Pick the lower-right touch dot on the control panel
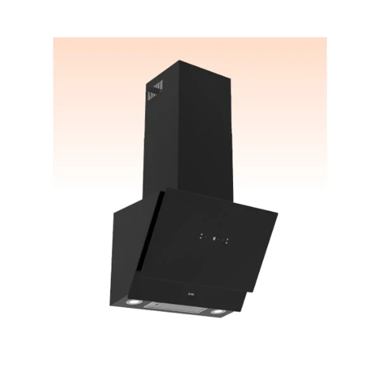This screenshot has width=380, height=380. pos(229,242)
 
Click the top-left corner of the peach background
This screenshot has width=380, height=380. pos(54,38)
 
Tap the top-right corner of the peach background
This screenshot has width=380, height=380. pos(326,38)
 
